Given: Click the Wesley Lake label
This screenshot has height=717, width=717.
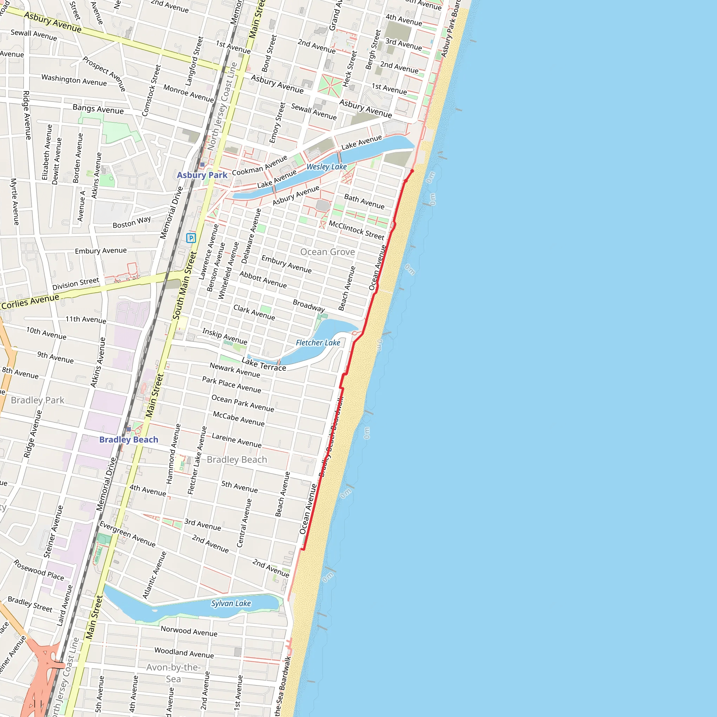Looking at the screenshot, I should pos(327,167).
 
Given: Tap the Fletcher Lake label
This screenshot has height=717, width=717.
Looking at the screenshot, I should pos(318,342).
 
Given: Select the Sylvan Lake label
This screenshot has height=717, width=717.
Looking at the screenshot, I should pos(231,604).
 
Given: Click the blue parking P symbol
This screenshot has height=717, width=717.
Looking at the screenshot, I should pos(191,238).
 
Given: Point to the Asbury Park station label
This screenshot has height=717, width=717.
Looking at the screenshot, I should pos(202,175).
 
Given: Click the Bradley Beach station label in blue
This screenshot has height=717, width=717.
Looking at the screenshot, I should pos(129,439).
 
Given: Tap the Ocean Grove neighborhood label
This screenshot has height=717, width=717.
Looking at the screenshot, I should pos(327,252).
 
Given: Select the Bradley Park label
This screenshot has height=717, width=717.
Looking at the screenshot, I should pos(37,400).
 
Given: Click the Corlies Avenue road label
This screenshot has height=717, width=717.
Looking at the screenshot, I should pos(30,301).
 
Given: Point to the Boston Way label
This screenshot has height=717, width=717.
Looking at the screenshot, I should pos(132,222).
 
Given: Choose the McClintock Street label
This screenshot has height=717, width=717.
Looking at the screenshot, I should pos(356,230).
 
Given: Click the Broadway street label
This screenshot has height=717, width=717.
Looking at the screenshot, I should pos(309,305).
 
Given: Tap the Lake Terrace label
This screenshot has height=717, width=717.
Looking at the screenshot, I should pos(264,364).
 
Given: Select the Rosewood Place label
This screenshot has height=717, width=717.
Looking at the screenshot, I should pos(39,570).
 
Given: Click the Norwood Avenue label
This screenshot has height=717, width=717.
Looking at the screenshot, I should pos(189,631).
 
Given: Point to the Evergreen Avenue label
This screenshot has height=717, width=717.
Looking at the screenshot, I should pos(127,534).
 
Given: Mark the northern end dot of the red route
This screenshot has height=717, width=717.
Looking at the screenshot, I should pos(412,171).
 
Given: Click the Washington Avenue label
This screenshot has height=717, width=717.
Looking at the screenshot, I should pos(74,80).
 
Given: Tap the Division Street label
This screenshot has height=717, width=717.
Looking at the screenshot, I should pos(76,284).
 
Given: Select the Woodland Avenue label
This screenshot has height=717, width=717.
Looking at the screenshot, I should pos(184,653).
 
